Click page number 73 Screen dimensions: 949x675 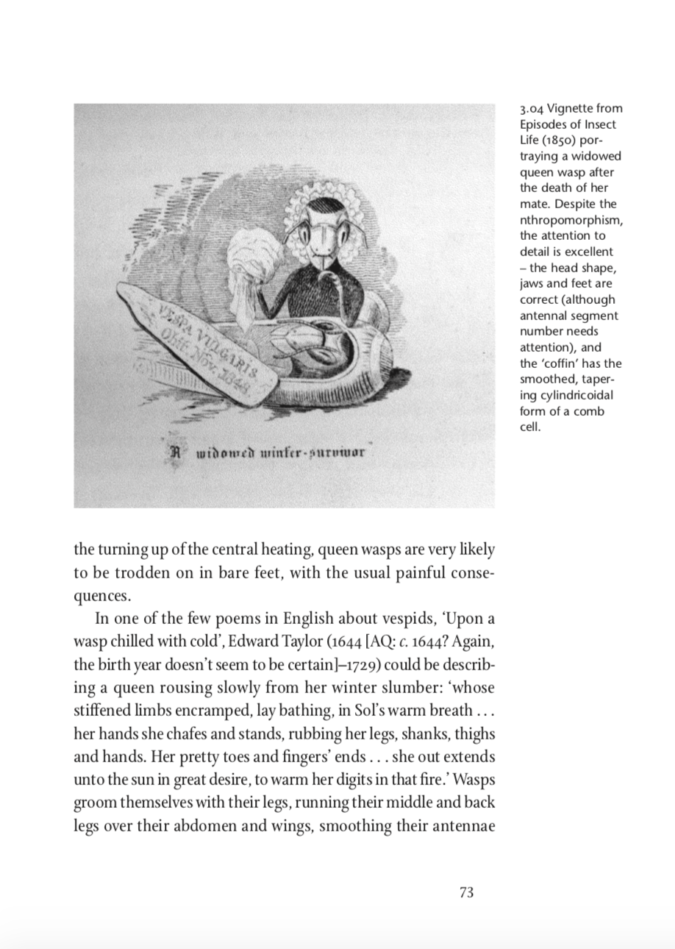(466, 892)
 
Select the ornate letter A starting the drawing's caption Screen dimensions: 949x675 (175, 451)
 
